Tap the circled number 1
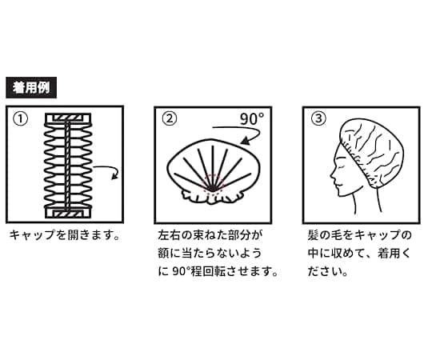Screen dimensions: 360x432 (x=22, y=119)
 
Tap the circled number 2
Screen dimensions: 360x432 (x=169, y=119)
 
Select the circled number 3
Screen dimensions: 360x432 (x=318, y=119)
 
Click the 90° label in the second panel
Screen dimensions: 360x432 (x=253, y=120)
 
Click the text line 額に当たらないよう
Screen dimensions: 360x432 (x=210, y=254)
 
